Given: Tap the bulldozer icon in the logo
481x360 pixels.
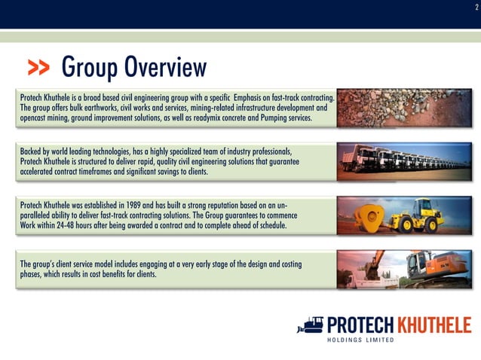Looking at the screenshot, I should tap(310, 326).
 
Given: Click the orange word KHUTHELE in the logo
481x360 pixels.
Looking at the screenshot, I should tap(434, 325).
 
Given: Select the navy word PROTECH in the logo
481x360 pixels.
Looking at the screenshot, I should tap(362, 325).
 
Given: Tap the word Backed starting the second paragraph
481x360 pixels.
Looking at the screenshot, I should tap(32, 151).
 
